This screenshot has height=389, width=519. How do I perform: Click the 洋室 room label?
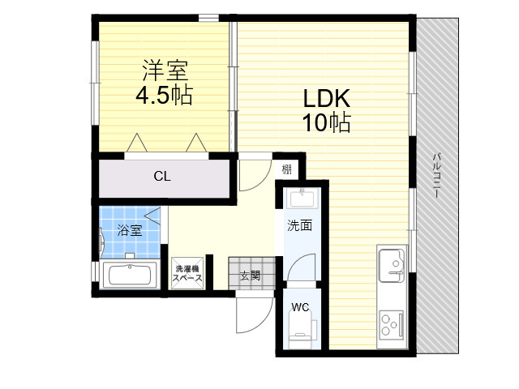[165, 71]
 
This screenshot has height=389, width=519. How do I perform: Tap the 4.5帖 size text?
[164, 95]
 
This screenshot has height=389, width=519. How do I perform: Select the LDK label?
[327, 98]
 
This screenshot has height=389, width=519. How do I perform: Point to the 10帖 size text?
[326, 122]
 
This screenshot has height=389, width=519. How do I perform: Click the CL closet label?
[162, 177]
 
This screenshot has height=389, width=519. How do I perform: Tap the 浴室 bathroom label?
[130, 230]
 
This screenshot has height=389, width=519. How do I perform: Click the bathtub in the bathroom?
[130, 274]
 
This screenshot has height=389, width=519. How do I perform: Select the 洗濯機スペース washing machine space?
[187, 273]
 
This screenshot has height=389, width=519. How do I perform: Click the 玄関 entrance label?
[250, 276]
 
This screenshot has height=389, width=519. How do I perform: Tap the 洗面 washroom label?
[299, 225]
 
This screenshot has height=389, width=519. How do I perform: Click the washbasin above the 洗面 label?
[302, 198]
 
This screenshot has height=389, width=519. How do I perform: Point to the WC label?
[300, 307]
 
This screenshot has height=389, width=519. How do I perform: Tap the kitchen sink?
[392, 263]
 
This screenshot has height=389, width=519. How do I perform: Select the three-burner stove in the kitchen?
[391, 326]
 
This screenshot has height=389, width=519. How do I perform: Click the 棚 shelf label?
[286, 169]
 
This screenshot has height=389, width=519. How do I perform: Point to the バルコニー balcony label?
[437, 175]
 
